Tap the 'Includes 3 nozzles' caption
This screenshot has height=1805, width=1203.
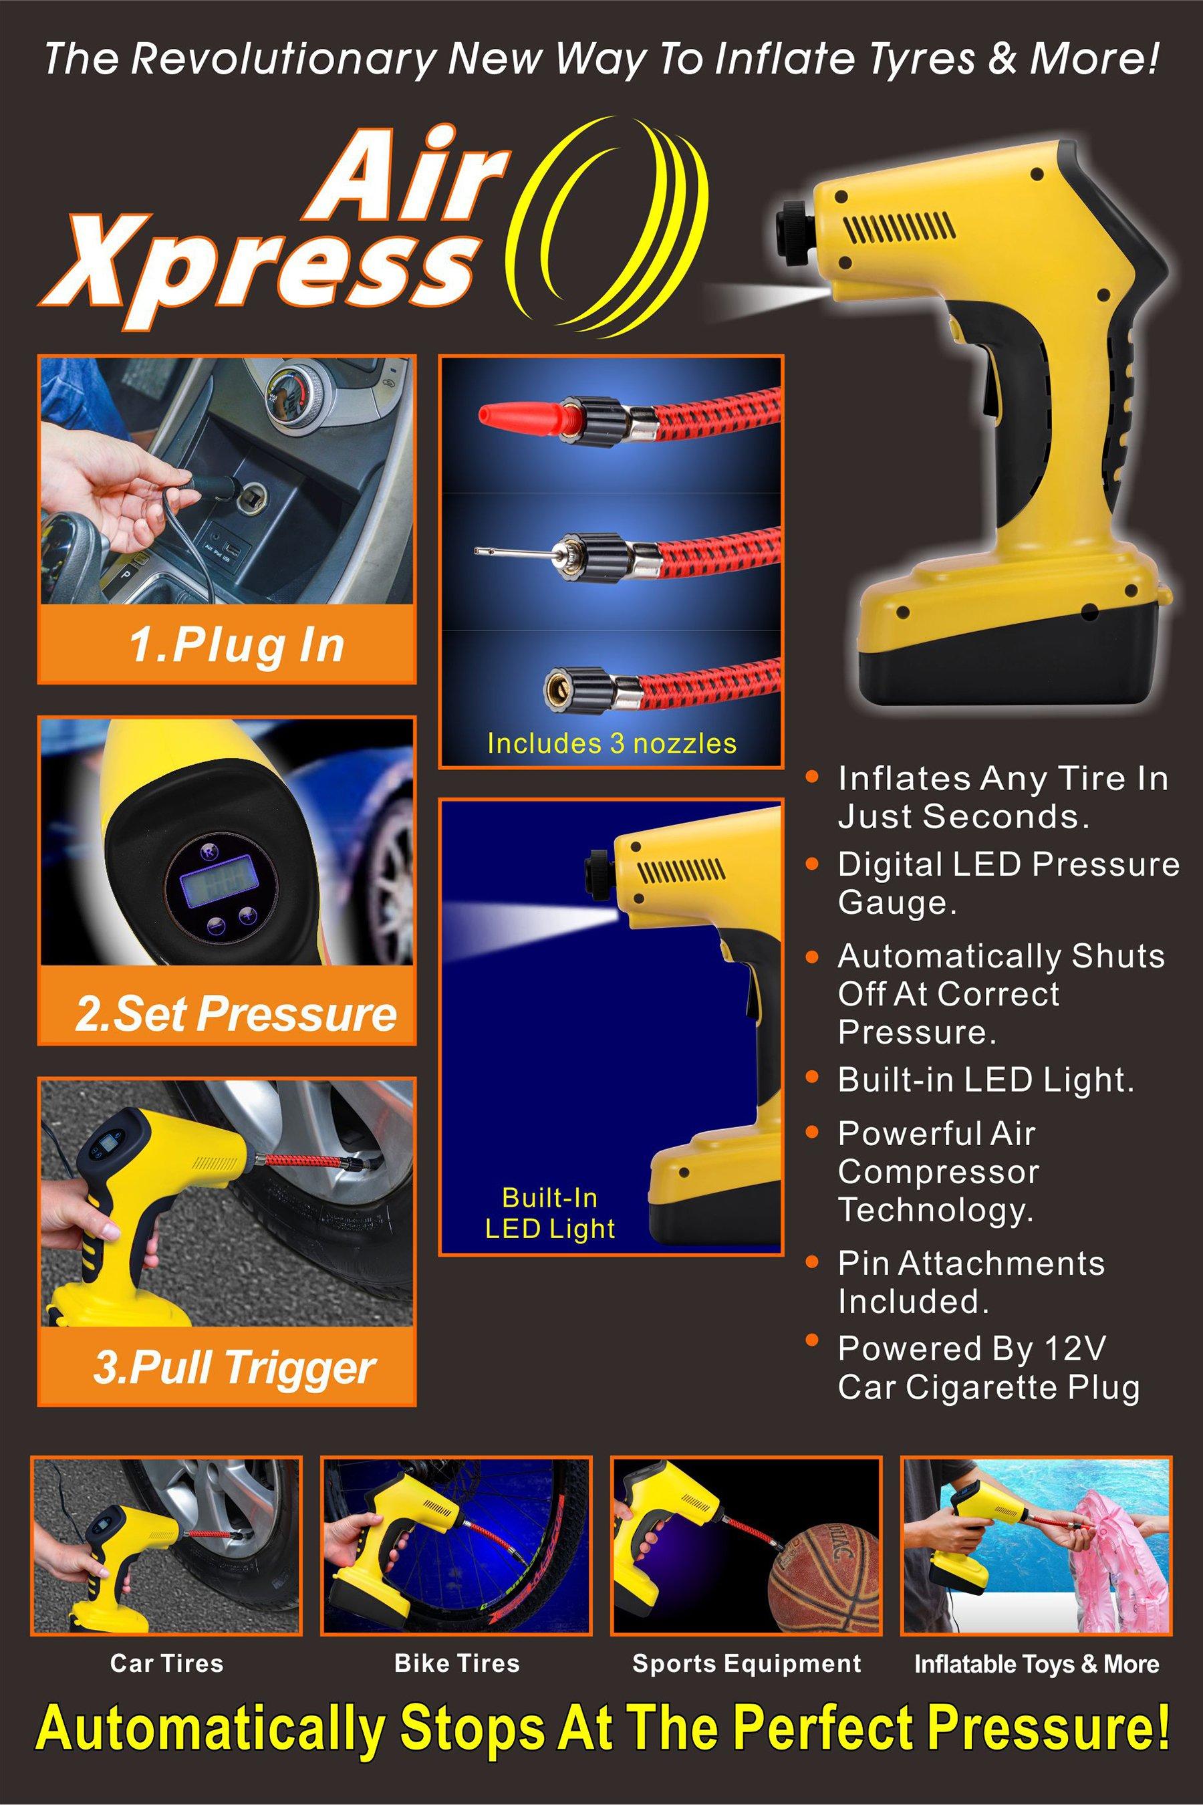tap(612, 743)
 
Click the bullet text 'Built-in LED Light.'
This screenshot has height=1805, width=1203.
tap(986, 1080)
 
